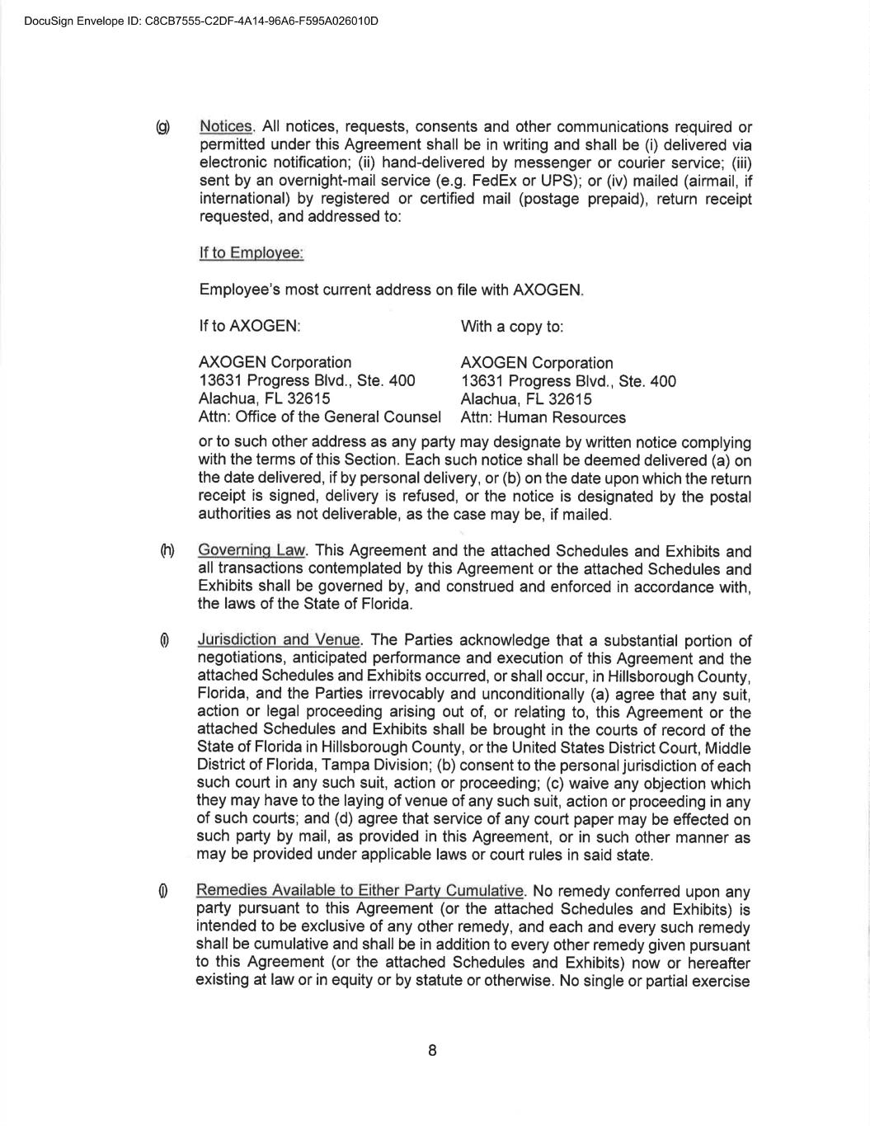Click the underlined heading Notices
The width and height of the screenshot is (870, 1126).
(x=226, y=127)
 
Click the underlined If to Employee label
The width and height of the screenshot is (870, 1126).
(x=251, y=253)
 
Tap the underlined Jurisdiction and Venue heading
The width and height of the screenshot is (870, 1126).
(x=278, y=640)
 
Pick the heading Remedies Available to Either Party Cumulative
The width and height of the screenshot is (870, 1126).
(x=360, y=891)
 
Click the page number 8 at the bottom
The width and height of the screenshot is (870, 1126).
(x=432, y=1051)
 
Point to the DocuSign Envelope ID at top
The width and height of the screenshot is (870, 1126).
(x=201, y=21)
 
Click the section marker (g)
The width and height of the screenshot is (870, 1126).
(x=163, y=127)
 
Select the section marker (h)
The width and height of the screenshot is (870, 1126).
(x=167, y=551)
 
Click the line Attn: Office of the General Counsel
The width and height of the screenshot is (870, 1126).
(x=320, y=417)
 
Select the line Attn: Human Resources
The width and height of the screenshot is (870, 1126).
(x=543, y=417)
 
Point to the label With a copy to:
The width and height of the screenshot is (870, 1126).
(x=512, y=327)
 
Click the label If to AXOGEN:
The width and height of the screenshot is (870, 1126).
(x=249, y=327)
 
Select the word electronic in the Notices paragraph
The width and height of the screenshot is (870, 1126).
(x=233, y=163)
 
